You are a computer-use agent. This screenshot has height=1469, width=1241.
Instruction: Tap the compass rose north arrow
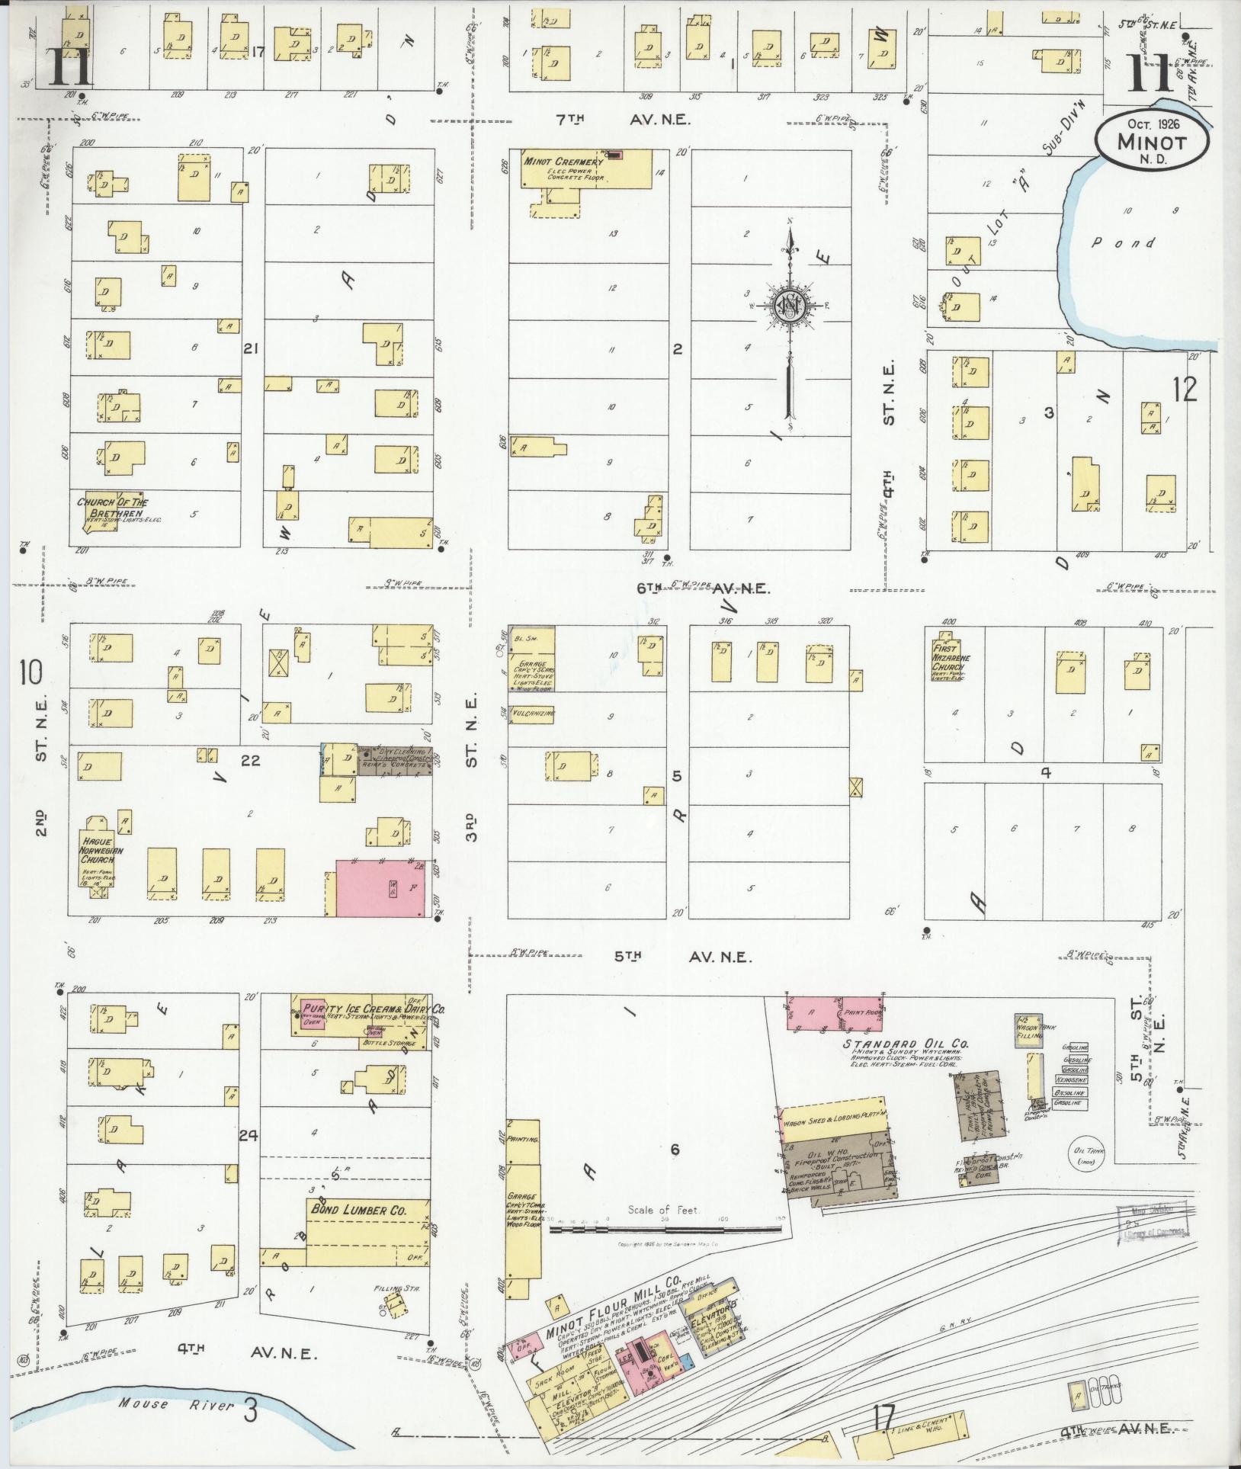point(790,305)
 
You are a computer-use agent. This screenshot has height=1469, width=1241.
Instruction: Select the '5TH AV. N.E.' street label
point(683,957)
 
